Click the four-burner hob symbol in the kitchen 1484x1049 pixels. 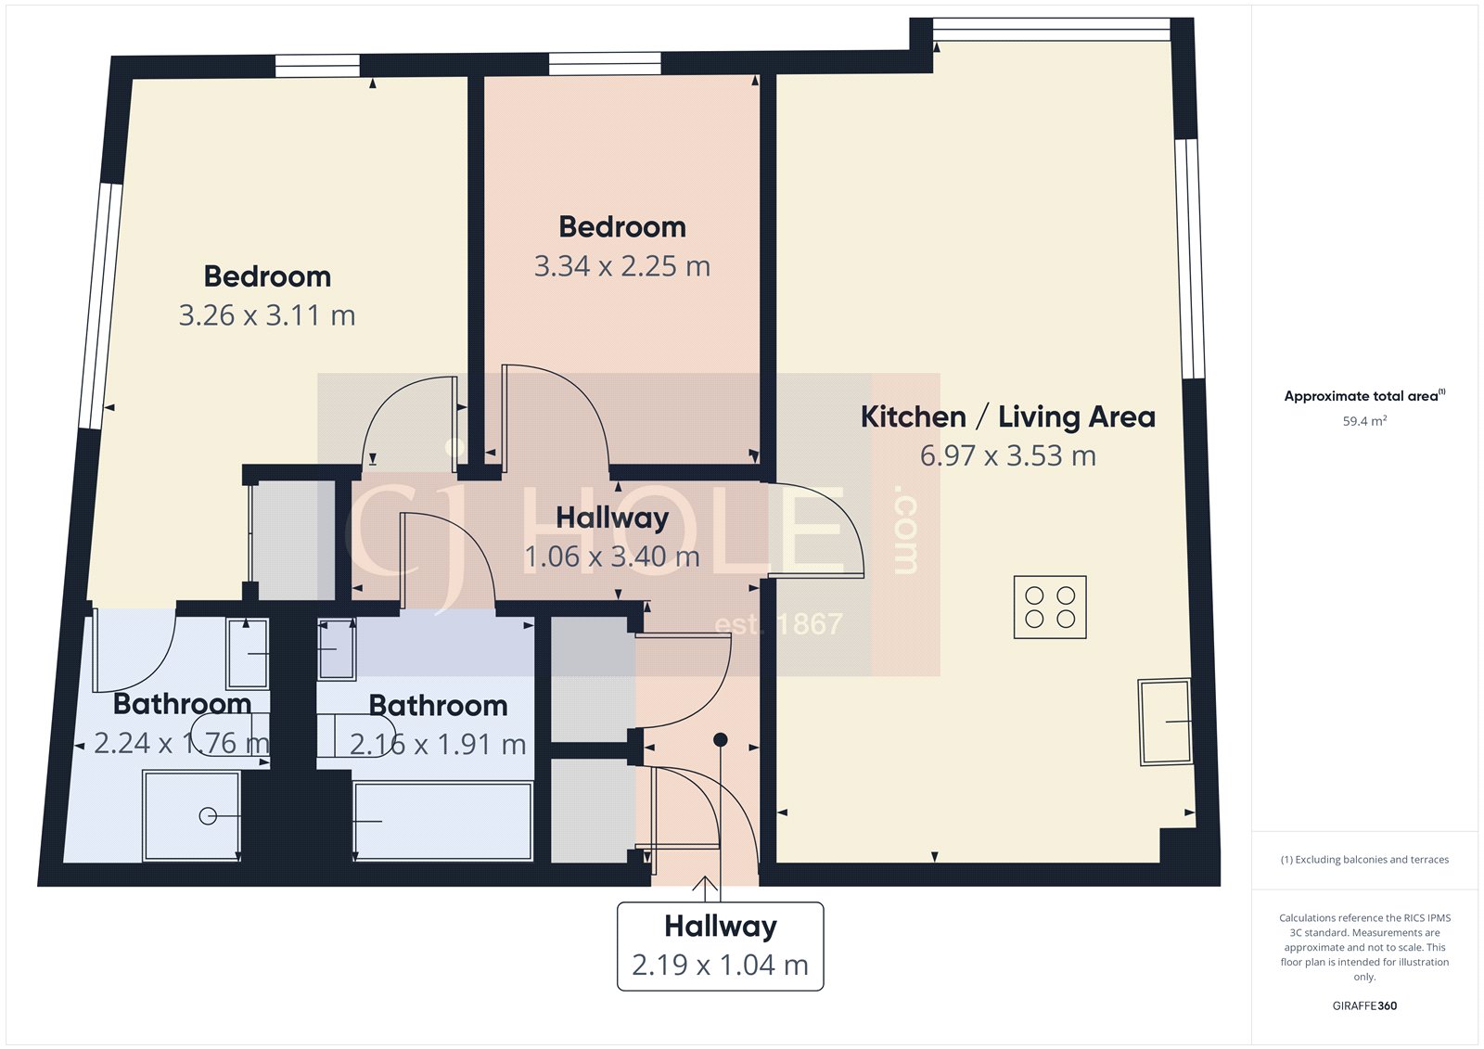[1050, 608]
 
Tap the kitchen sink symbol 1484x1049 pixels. [1165, 722]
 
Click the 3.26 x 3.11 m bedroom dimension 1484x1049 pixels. [267, 315]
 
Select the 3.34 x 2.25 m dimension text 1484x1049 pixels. [621, 266]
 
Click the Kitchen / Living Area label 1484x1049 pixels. [1007, 416]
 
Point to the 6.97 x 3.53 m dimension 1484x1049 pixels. [1007, 455]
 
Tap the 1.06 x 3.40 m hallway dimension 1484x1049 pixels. [611, 556]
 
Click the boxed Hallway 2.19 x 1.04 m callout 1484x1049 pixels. [720, 946]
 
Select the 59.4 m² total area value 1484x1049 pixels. [1364, 421]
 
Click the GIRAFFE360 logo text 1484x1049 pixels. [1364, 1005]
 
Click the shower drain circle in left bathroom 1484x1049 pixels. [208, 816]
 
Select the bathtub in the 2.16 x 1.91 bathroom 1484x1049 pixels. [442, 821]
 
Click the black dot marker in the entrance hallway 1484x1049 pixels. [720, 739]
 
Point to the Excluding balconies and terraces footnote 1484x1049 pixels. [1364, 860]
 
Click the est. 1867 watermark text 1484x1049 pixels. [778, 624]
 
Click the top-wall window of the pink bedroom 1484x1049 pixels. [604, 64]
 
